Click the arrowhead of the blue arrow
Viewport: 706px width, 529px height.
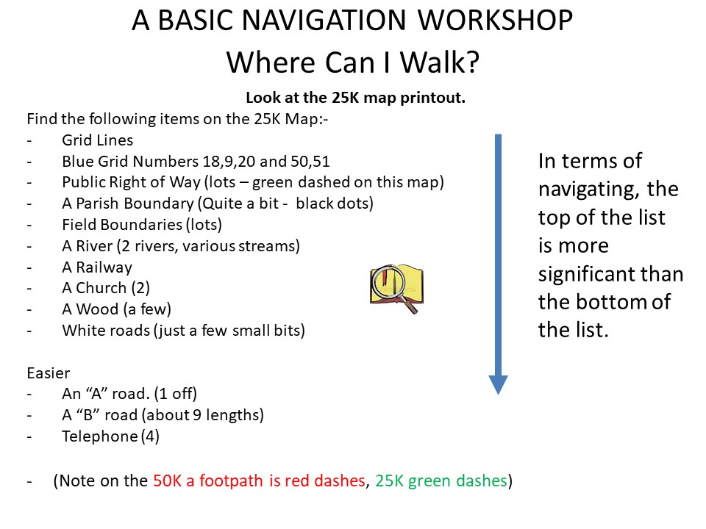click(x=498, y=385)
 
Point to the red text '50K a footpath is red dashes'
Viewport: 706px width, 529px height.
click(x=259, y=481)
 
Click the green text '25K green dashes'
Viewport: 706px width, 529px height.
click(x=441, y=481)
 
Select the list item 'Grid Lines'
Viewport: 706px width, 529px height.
click(x=97, y=140)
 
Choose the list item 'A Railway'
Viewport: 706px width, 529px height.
click(x=97, y=267)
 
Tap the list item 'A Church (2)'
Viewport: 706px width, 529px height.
click(x=106, y=288)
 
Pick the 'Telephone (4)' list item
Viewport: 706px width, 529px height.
click(x=110, y=436)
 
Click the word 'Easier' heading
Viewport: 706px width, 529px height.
click(x=49, y=373)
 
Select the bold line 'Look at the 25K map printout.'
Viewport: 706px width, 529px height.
click(x=355, y=98)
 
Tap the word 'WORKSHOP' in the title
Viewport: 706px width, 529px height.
click(x=495, y=20)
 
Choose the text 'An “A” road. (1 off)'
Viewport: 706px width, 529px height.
click(x=129, y=394)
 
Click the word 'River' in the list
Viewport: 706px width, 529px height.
click(x=94, y=246)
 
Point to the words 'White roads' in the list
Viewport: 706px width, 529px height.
click(x=106, y=331)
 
